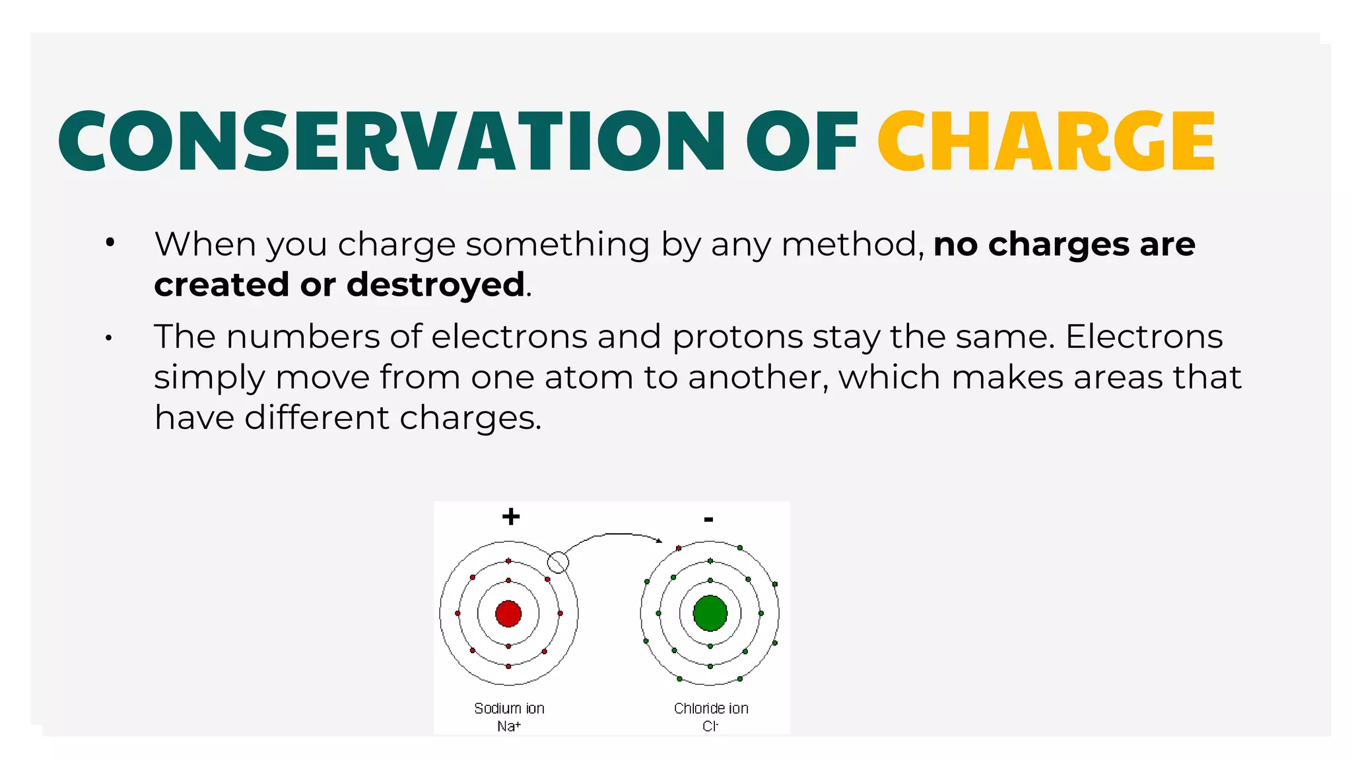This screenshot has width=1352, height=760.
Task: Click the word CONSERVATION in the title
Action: pyautogui.click(x=391, y=141)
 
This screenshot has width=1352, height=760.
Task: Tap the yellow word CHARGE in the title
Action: pyautogui.click(x=1046, y=141)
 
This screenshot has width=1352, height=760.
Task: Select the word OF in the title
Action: pyautogui.click(x=801, y=141)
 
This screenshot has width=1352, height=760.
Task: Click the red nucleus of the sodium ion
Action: pyautogui.click(x=508, y=614)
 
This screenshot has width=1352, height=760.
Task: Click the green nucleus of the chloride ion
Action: pyautogui.click(x=710, y=614)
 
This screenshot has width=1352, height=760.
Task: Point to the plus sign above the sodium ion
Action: pyautogui.click(x=511, y=516)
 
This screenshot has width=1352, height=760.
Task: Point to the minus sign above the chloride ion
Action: pyautogui.click(x=708, y=520)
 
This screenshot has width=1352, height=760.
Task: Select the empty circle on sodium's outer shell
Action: pyautogui.click(x=558, y=562)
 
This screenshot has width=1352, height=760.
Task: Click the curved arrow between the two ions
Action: pyautogui.click(x=614, y=535)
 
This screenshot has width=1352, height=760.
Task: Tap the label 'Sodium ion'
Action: pyautogui.click(x=509, y=709)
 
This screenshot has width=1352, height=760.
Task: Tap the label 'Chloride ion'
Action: pyautogui.click(x=711, y=709)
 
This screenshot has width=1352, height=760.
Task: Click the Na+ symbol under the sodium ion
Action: pyautogui.click(x=509, y=726)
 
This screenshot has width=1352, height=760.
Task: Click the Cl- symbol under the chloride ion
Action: pyautogui.click(x=710, y=726)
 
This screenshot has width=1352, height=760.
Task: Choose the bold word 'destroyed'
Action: pyautogui.click(x=436, y=284)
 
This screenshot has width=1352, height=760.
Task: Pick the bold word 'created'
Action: pyautogui.click(x=222, y=284)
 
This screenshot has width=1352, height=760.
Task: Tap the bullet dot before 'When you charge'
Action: pyautogui.click(x=110, y=243)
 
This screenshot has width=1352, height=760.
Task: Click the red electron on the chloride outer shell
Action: pyautogui.click(x=679, y=548)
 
